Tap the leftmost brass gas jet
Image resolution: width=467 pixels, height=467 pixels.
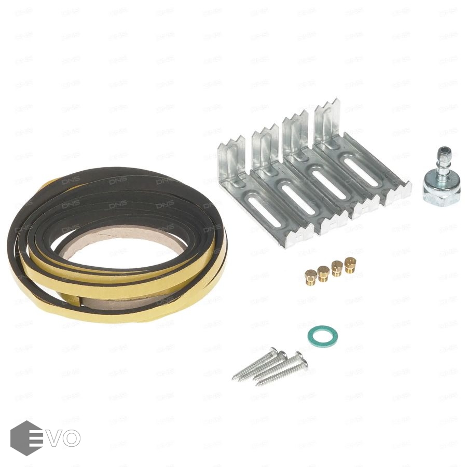click(311, 275)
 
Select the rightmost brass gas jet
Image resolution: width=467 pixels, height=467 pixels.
click(351, 265)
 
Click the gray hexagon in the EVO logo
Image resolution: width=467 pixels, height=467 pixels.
click(26, 438)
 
